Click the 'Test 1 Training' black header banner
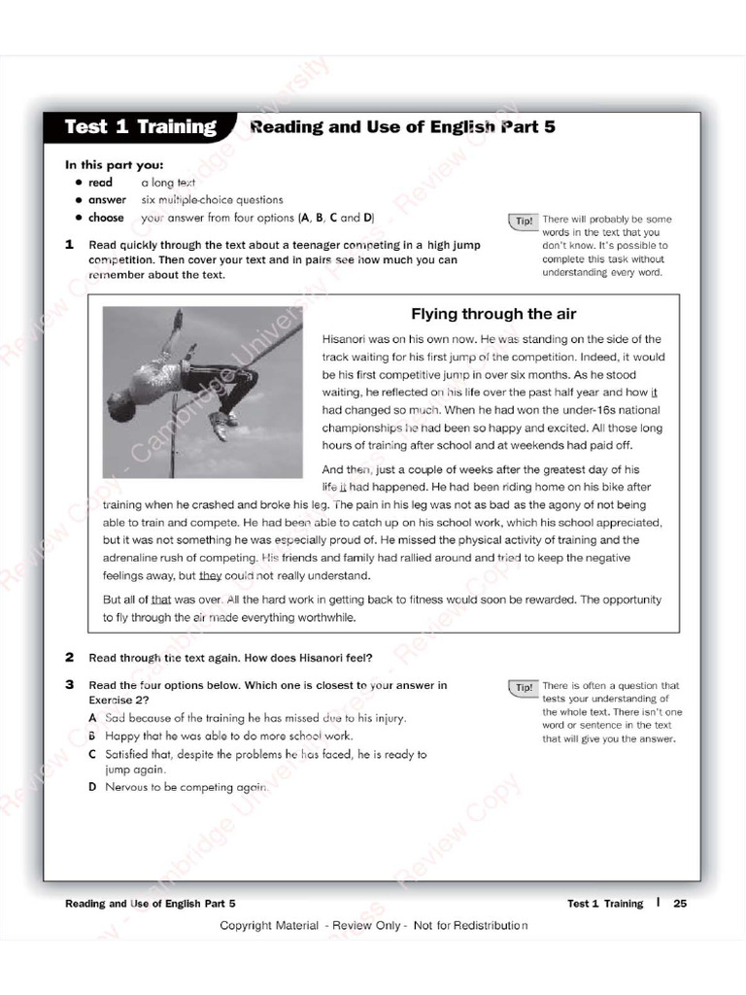tap(140, 127)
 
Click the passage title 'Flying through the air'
tap(493, 314)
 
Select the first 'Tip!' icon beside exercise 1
tap(523, 222)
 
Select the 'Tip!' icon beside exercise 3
tap(523, 687)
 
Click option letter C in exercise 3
tap(92, 754)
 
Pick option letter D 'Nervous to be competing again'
tap(92, 787)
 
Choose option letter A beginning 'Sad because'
tap(92, 718)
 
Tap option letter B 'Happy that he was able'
tap(92, 737)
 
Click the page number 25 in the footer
tap(680, 904)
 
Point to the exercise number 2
tap(70, 657)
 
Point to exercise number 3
tap(70, 685)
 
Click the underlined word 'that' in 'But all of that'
tap(161, 600)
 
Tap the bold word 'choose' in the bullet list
tap(107, 218)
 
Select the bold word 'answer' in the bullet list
tap(107, 200)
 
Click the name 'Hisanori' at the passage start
tap(346, 339)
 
